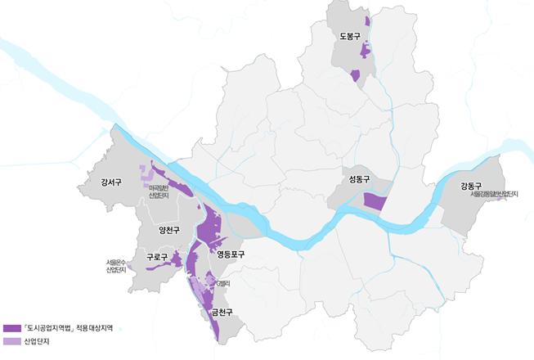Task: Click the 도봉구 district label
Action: click(349, 36)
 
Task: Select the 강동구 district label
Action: click(472, 186)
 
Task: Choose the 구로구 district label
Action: click(156, 259)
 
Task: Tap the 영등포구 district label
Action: click(231, 254)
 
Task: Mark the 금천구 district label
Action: click(222, 312)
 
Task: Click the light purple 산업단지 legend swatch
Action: click(11, 342)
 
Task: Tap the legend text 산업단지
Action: click(37, 342)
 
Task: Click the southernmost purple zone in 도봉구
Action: click(355, 76)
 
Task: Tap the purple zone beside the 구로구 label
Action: click(175, 259)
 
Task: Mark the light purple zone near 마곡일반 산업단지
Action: click(147, 174)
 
